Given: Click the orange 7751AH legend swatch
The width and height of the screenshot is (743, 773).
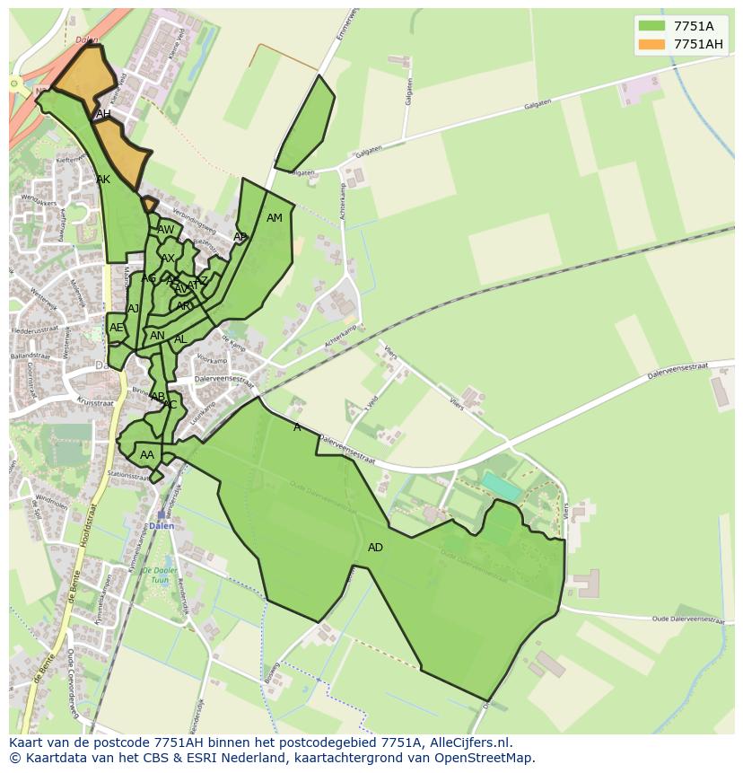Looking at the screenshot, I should pyautogui.click(x=652, y=44).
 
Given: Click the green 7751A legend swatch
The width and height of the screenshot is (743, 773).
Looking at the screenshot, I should pyautogui.click(x=652, y=26).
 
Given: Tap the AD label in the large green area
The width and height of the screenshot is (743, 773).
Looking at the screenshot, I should pyautogui.click(x=375, y=548).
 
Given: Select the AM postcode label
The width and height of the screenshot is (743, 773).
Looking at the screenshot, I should pyautogui.click(x=275, y=218).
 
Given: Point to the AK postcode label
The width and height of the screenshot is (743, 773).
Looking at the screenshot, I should pyautogui.click(x=103, y=180).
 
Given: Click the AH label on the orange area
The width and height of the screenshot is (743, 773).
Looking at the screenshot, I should pyautogui.click(x=103, y=114).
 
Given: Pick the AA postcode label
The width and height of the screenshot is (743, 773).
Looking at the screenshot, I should pyautogui.click(x=147, y=455).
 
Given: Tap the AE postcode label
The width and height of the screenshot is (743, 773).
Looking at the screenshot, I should pyautogui.click(x=116, y=328).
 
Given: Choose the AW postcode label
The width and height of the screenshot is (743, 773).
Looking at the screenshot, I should pyautogui.click(x=166, y=230).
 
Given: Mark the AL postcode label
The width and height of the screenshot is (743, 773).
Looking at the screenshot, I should pyautogui.click(x=180, y=339).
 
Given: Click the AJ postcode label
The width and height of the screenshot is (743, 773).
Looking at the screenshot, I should pyautogui.click(x=134, y=309).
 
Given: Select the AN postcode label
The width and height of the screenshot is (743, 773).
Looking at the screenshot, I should pyautogui.click(x=157, y=336).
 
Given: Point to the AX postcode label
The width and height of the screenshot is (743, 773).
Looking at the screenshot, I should pyautogui.click(x=168, y=259).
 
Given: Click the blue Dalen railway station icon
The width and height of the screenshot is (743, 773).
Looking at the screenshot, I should pyautogui.click(x=161, y=515).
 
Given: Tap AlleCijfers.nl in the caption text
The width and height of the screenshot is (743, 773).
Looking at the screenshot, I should pyautogui.click(x=468, y=742).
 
